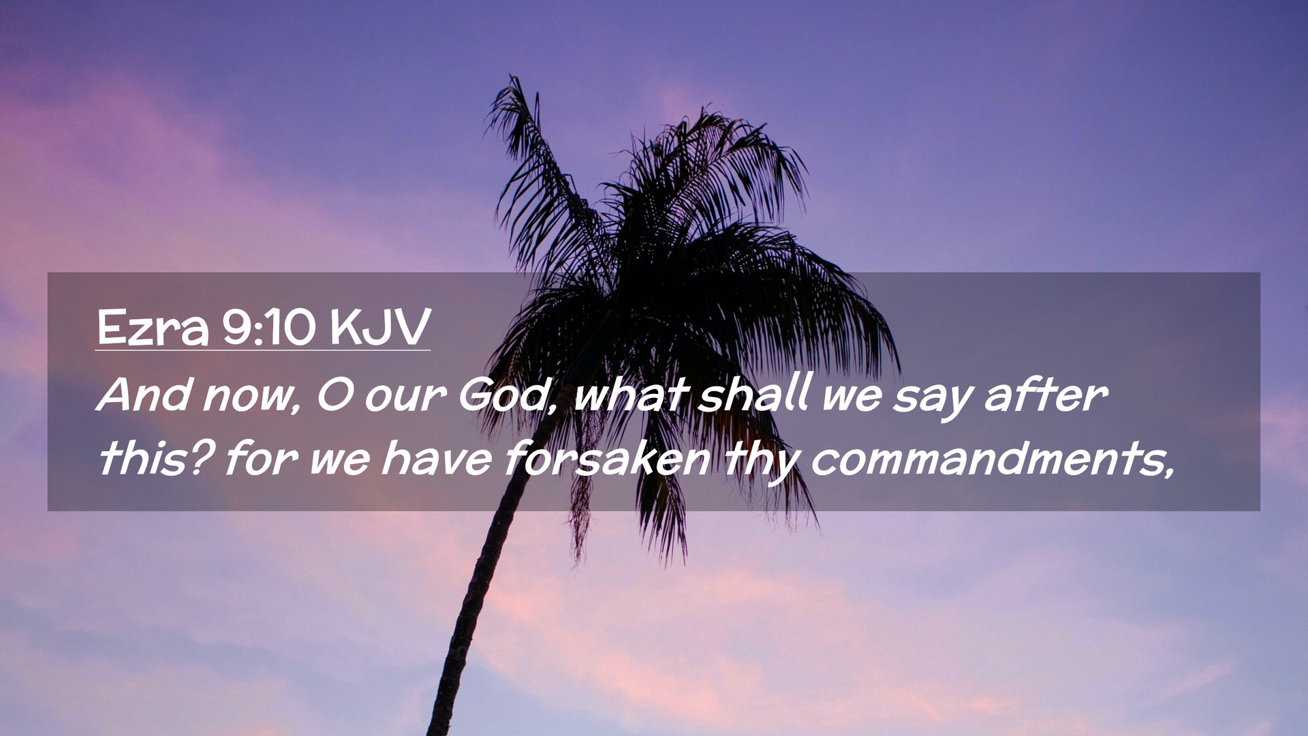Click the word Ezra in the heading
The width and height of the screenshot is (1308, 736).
click(x=153, y=328)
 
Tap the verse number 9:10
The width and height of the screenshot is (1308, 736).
click(x=268, y=328)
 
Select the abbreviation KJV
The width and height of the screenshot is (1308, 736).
click(x=379, y=328)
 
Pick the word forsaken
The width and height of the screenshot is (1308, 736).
click(x=608, y=458)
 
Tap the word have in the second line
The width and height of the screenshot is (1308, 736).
click(x=436, y=458)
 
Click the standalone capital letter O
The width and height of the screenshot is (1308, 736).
click(x=334, y=395)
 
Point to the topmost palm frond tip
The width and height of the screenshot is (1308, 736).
click(x=512, y=78)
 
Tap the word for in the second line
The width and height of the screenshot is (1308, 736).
click(x=260, y=458)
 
